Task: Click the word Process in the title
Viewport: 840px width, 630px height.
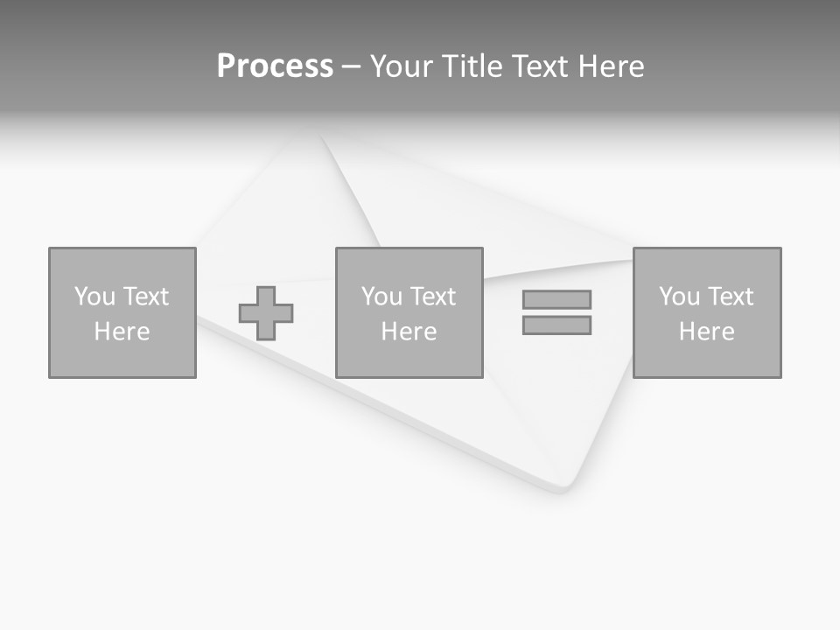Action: (x=275, y=66)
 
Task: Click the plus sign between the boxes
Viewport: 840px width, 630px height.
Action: (x=266, y=313)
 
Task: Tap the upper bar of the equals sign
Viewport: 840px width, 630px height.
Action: (x=556, y=299)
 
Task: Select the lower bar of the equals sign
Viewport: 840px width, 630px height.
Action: (x=556, y=325)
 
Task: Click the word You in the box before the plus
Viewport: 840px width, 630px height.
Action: (x=94, y=297)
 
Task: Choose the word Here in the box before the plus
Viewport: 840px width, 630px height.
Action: (x=122, y=332)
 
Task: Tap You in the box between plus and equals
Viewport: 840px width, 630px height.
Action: (x=381, y=297)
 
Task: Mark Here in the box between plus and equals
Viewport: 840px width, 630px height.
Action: (x=409, y=332)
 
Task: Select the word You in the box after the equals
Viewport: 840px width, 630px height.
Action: (x=679, y=297)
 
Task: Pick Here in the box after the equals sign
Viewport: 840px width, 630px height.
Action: (x=706, y=332)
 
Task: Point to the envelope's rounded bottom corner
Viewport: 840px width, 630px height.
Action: (x=564, y=486)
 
